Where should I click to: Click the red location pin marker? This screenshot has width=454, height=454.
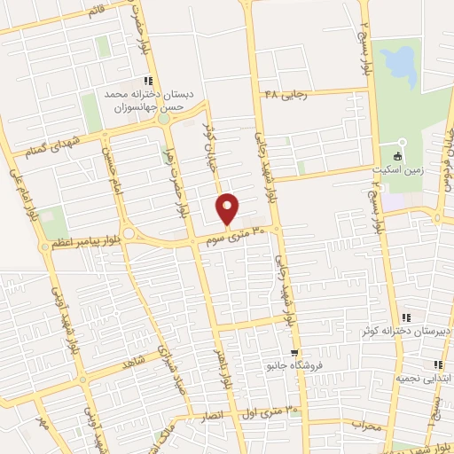tap(228, 207)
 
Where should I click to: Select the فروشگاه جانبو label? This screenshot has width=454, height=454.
tap(299, 365)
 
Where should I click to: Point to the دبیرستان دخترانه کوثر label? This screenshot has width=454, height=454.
tap(394, 331)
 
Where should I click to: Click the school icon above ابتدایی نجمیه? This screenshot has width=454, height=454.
tap(436, 364)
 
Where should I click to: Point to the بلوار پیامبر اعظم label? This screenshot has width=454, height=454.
tap(83, 241)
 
